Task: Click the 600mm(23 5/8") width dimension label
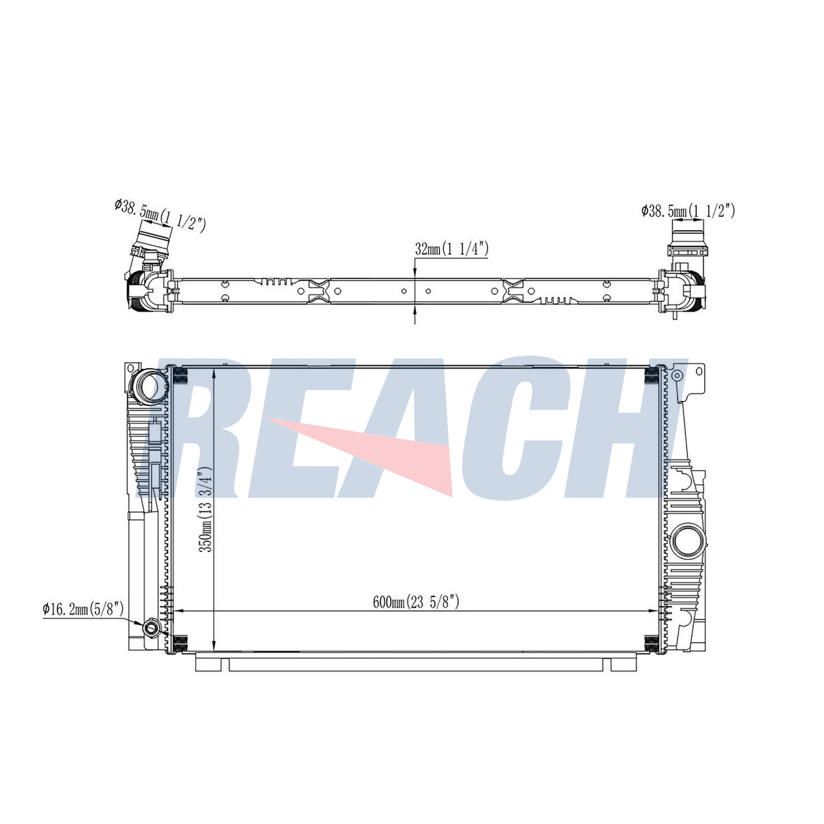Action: coord(416,602)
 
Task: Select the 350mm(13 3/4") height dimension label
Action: coord(206,509)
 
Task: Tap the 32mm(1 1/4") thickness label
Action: coord(452,249)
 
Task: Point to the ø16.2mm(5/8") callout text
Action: coord(83,609)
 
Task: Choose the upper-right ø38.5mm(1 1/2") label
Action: coord(688,211)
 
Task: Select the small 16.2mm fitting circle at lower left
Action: coord(151,627)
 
